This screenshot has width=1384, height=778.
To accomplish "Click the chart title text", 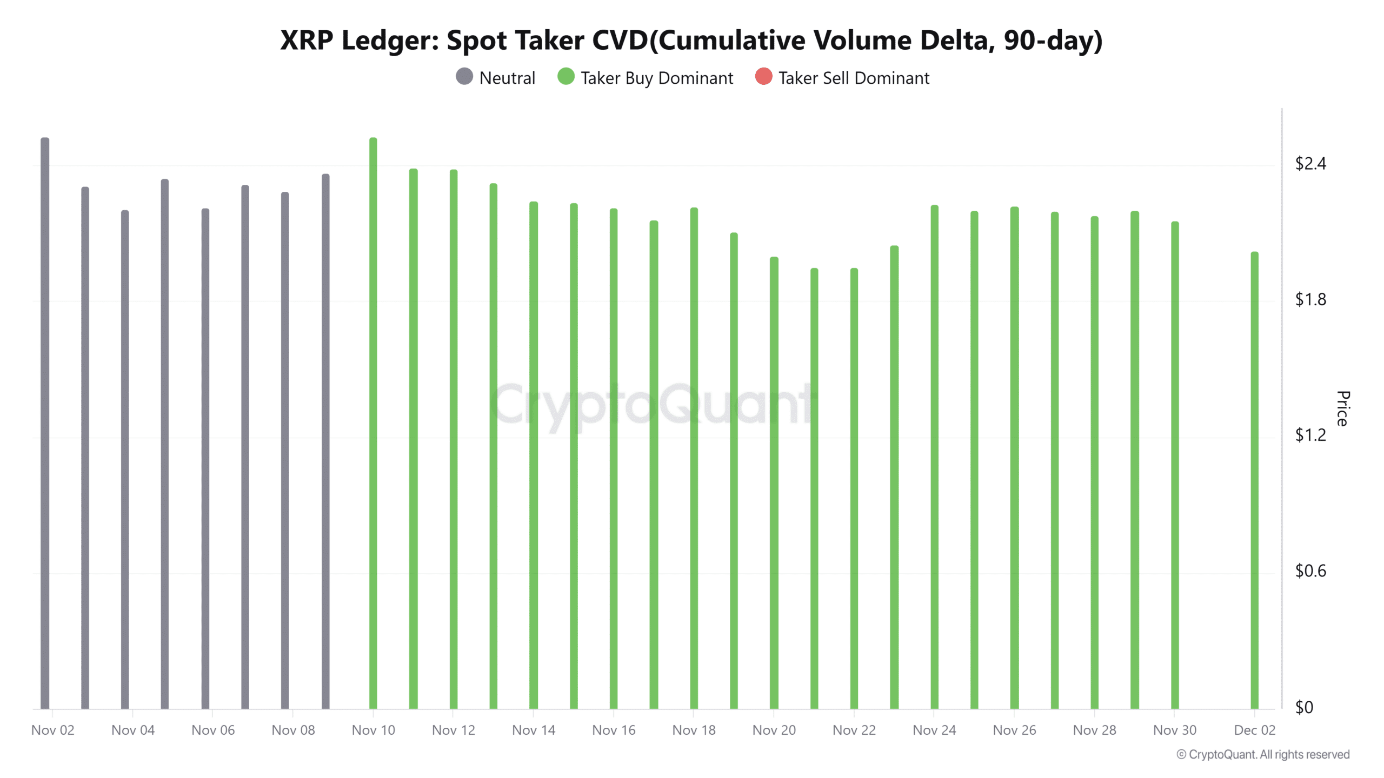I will point(691,41).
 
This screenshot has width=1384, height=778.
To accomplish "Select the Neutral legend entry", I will point(496,78).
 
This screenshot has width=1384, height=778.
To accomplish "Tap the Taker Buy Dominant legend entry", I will point(646,78).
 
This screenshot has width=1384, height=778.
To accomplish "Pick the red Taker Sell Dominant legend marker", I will point(763,77).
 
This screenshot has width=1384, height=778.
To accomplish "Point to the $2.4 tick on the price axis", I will point(1310,164).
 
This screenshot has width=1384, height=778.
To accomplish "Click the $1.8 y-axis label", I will point(1310,299).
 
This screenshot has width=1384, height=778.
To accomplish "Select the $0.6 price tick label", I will point(1310,571).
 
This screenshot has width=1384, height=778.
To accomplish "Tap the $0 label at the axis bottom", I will point(1304,707).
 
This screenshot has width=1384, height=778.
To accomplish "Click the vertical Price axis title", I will point(1342,408).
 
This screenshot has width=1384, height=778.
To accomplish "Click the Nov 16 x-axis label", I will point(614,730).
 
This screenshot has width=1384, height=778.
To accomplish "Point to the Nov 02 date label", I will point(52,730).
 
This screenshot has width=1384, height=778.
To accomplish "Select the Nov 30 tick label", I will point(1174,730).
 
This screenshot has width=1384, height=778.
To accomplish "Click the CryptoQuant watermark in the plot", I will point(653,404).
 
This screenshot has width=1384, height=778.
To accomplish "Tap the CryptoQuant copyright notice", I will point(1263,755).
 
